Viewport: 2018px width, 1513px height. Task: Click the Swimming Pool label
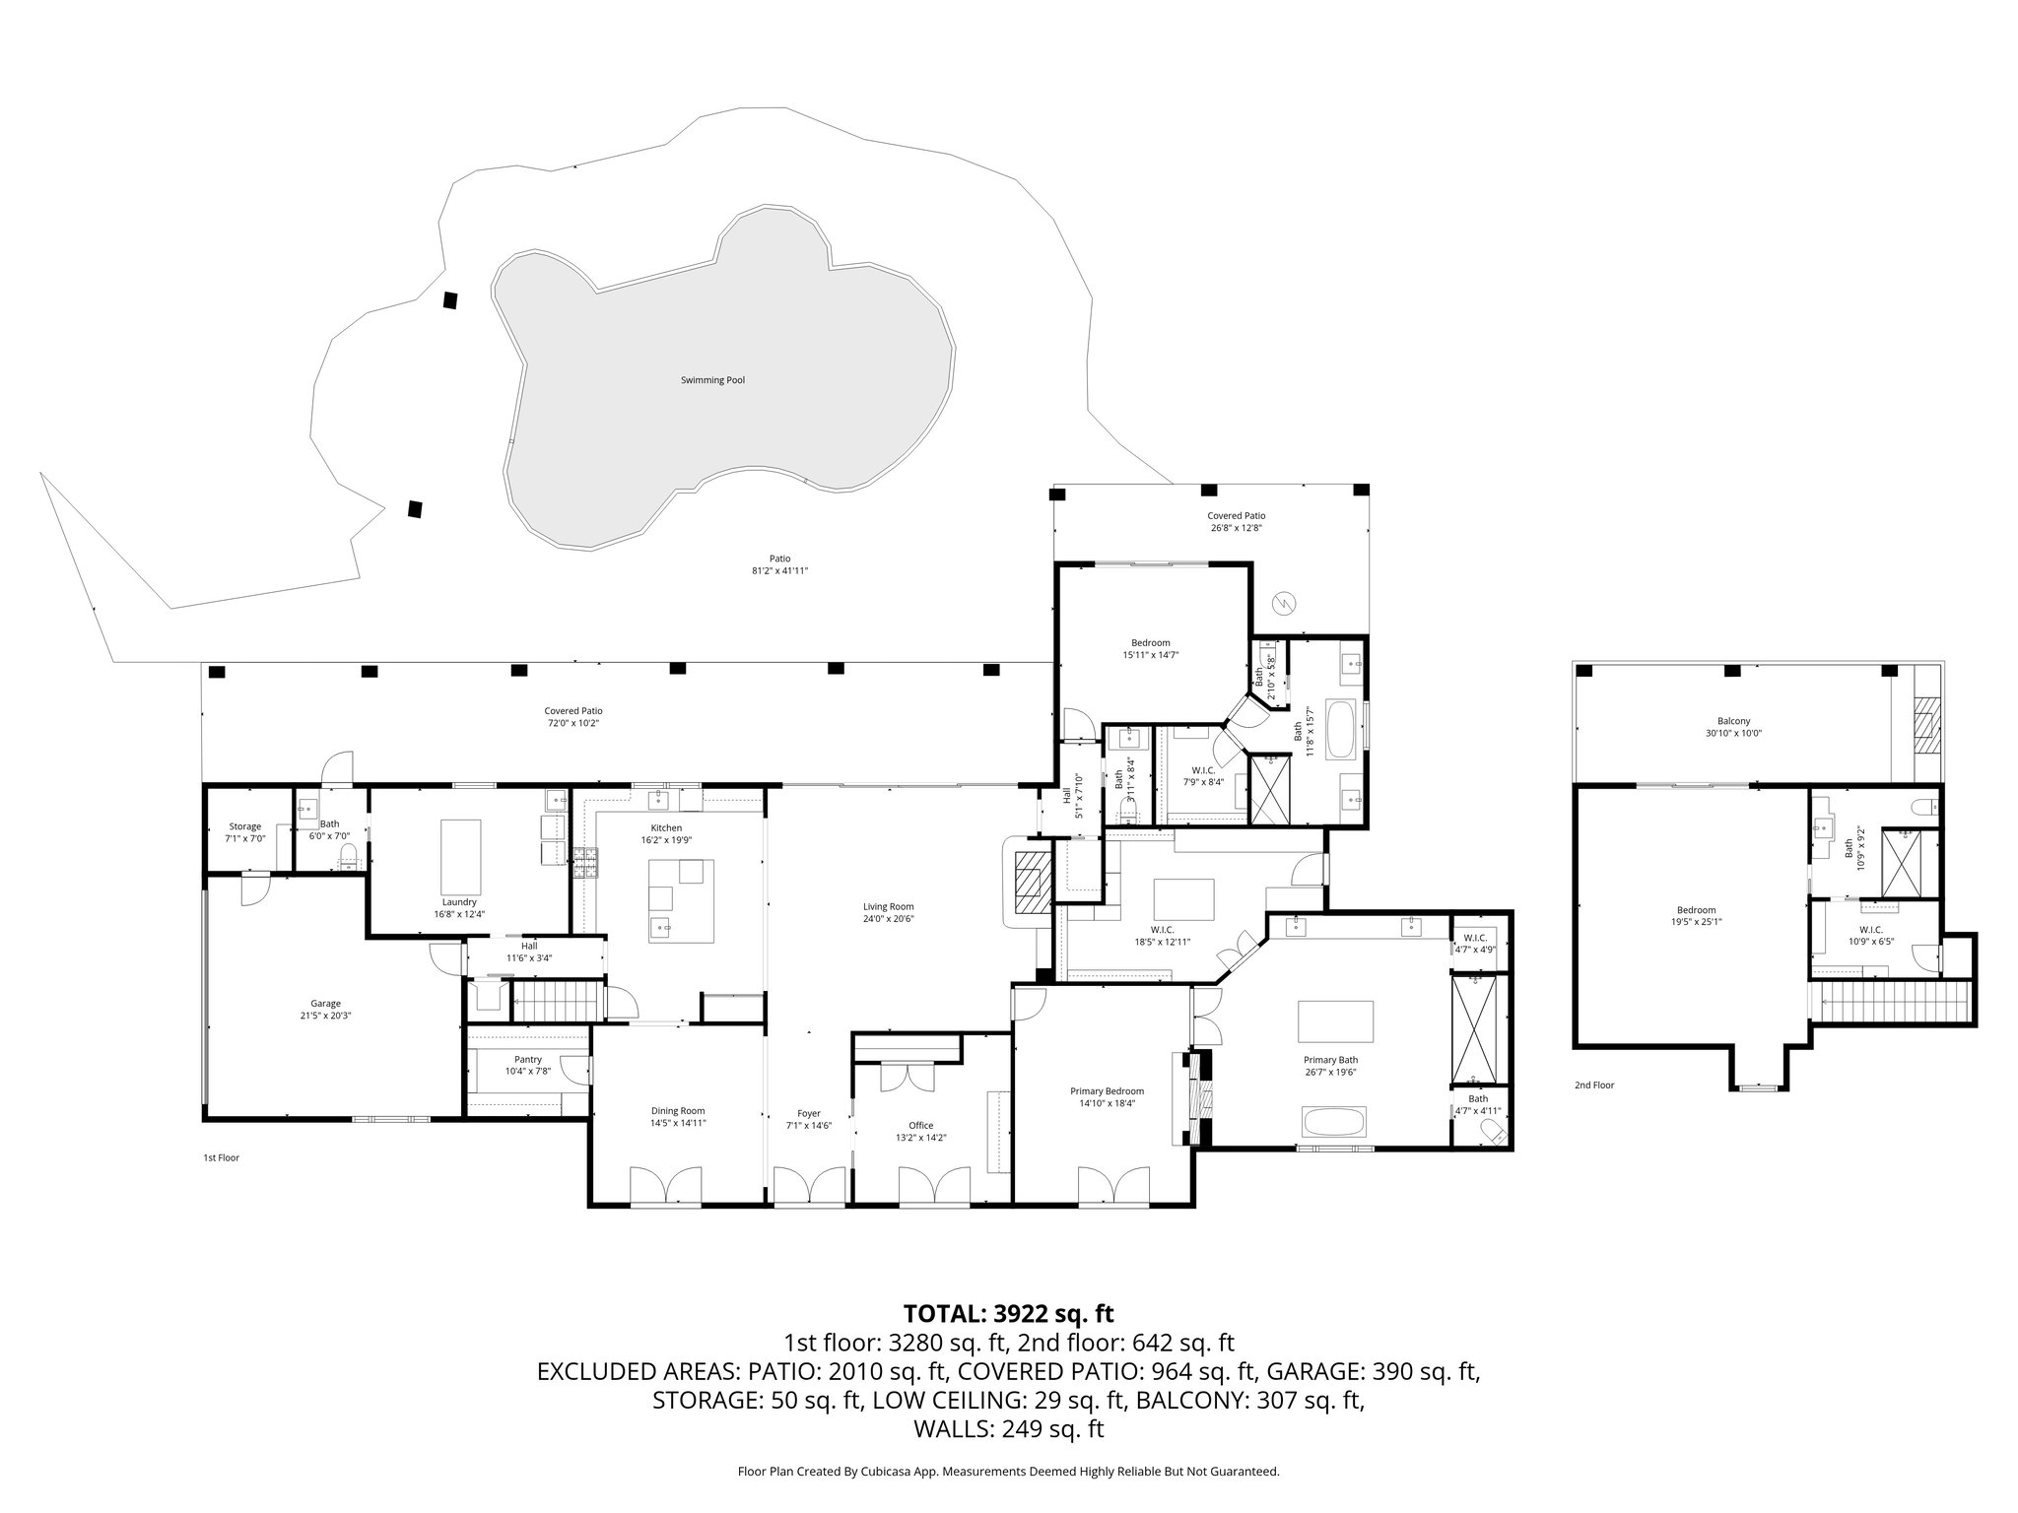click(x=712, y=380)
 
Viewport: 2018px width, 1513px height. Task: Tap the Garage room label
click(x=325, y=1004)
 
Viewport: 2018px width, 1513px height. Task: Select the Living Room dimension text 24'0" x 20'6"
click(x=889, y=919)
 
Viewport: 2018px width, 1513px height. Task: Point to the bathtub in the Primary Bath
click(x=1334, y=1121)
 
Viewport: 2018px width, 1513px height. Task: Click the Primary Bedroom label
click(x=1107, y=1091)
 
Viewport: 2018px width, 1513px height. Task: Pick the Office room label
click(x=920, y=1125)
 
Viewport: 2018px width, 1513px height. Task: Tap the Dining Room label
click(x=677, y=1110)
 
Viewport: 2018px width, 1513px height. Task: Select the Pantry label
click(x=527, y=1059)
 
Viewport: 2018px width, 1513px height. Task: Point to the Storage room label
click(x=244, y=826)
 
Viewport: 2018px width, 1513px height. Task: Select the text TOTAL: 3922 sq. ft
click(x=1008, y=1313)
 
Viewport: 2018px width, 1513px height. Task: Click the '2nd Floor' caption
click(x=1593, y=1085)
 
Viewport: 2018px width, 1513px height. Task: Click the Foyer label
click(x=808, y=1113)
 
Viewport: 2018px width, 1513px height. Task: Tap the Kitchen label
click(x=666, y=827)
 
